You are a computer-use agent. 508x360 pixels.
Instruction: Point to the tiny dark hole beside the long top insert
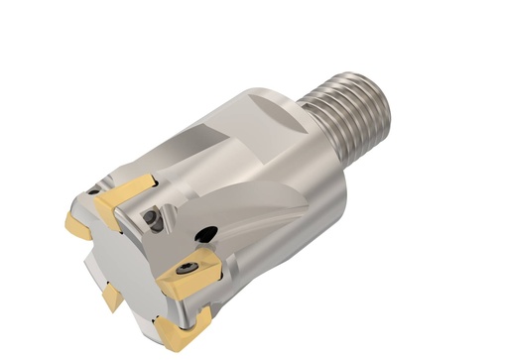point(92,188)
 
